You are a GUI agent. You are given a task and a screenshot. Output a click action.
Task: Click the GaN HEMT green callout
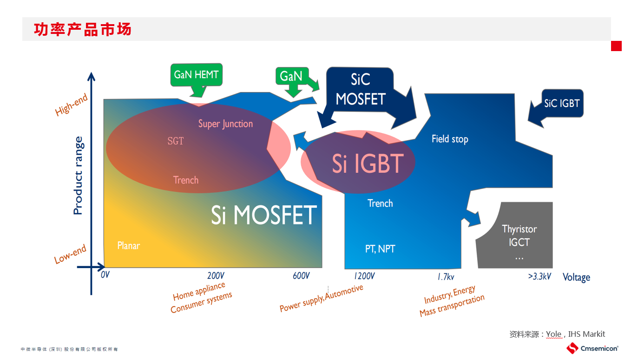tap(196, 75)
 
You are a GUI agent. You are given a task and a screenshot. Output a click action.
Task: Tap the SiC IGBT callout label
tap(562, 104)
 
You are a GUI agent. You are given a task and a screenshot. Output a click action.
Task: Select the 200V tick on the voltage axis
tap(216, 276)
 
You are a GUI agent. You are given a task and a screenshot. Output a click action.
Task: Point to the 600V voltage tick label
tap(301, 276)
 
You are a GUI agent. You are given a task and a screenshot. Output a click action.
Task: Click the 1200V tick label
tap(364, 276)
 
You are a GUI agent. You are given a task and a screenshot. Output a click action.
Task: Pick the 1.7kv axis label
tap(446, 276)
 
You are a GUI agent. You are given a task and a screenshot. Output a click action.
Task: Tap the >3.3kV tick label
tap(539, 276)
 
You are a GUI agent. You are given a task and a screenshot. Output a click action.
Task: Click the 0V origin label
tap(105, 275)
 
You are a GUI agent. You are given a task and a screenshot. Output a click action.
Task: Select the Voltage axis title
tap(576, 277)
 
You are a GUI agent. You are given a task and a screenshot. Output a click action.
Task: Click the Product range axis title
tap(78, 175)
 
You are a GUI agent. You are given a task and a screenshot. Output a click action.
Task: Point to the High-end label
tap(71, 105)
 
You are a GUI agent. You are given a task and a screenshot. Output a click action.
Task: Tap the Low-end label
tap(70, 254)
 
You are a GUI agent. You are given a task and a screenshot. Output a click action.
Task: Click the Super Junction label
tap(225, 124)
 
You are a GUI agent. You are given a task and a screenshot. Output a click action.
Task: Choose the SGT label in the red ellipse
tap(176, 141)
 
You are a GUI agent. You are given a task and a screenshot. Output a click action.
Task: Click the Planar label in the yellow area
tap(128, 246)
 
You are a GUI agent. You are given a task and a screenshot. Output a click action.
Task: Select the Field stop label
tap(450, 139)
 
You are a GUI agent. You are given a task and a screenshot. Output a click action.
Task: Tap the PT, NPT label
tap(380, 249)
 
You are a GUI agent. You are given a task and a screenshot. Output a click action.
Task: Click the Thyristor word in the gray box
tap(519, 229)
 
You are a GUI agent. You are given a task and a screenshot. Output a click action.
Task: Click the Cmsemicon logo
tap(592, 348)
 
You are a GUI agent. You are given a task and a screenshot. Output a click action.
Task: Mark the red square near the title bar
tap(616, 46)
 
